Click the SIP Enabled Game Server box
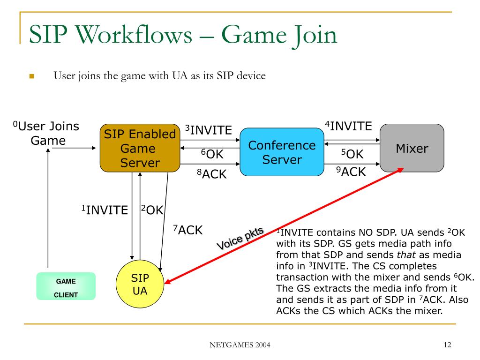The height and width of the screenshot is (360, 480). [x=140, y=148]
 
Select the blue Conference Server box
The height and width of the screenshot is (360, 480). [x=282, y=152]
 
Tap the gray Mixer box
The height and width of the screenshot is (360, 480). [x=412, y=149]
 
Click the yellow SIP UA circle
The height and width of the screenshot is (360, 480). [x=139, y=285]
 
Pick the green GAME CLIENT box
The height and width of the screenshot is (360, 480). [x=66, y=286]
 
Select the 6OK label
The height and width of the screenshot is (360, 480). [x=212, y=154]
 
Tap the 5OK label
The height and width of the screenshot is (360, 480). [x=352, y=154]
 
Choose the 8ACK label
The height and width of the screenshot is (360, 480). [x=211, y=174]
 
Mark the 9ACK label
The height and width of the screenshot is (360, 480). [x=351, y=172]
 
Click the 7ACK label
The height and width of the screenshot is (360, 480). [x=188, y=230]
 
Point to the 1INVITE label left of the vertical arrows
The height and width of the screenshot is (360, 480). [x=105, y=210]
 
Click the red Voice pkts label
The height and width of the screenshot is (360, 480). [x=240, y=238]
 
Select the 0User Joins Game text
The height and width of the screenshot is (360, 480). [x=46, y=133]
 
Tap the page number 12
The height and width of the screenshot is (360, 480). [x=446, y=345]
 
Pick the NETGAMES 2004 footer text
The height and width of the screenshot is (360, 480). [x=240, y=346]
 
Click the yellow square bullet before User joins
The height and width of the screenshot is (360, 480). [x=32, y=76]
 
